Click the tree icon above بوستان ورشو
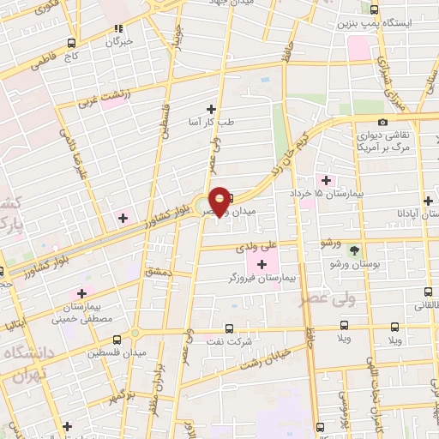(356, 250)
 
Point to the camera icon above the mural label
(382, 122)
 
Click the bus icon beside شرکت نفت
(228, 328)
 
